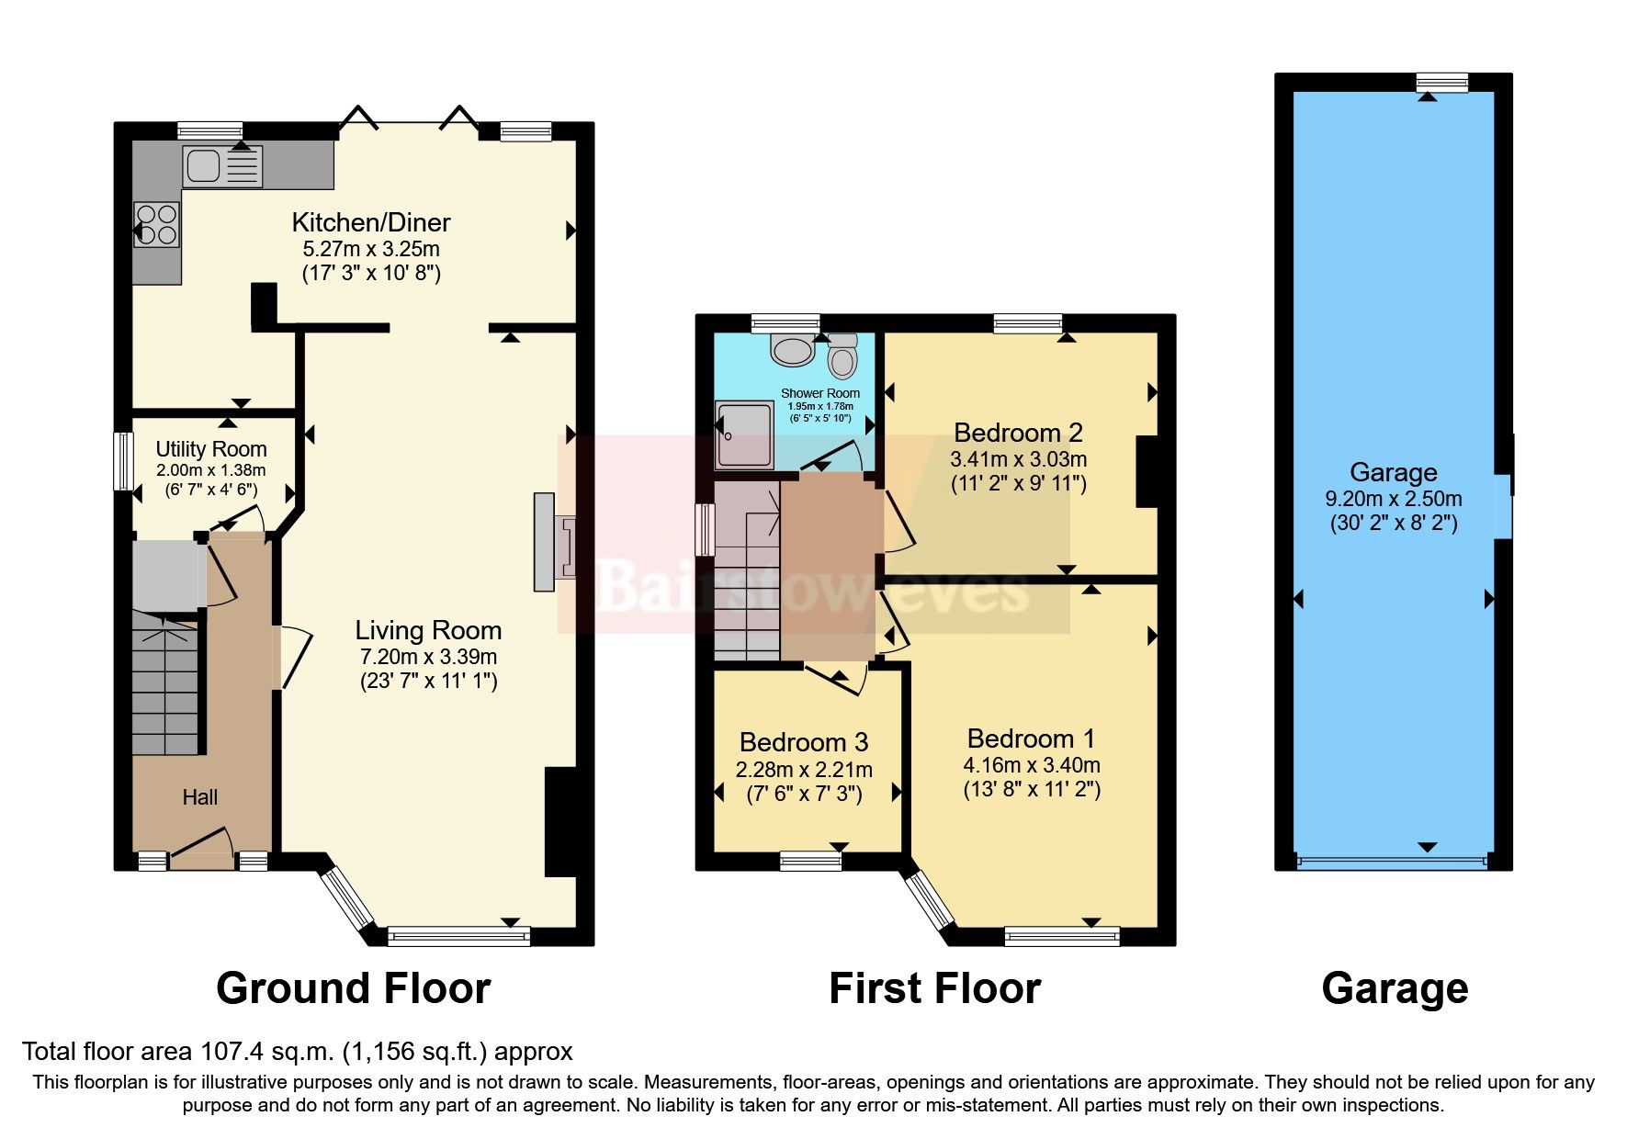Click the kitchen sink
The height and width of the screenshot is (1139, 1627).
[222, 166]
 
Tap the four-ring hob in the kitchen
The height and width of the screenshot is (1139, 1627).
[156, 224]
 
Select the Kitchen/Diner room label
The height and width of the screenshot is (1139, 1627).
[371, 222]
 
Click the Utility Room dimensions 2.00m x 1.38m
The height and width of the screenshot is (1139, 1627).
[210, 470]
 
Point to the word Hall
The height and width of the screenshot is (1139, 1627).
[199, 797]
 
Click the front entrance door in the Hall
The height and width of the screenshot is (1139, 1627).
[201, 850]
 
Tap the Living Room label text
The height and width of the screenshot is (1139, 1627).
[428, 630]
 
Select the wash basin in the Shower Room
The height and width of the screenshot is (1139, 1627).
[792, 348]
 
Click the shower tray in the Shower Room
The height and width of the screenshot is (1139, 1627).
[744, 435]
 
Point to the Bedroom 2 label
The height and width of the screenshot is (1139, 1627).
[1018, 433]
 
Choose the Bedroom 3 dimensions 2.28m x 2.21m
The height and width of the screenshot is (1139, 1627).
[804, 770]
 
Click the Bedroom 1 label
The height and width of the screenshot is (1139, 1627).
[1031, 739]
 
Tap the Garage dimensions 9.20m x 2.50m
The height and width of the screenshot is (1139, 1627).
[1393, 499]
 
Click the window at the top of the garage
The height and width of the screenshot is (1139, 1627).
[1441, 83]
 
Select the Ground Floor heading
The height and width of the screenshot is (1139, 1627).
[353, 989]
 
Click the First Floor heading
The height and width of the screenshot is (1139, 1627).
[934, 989]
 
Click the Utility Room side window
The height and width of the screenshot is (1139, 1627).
[119, 461]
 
